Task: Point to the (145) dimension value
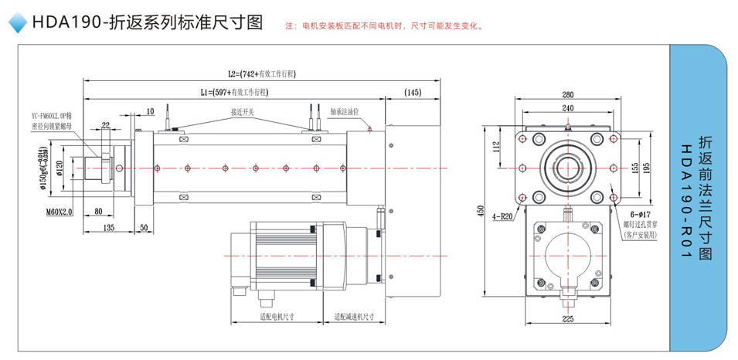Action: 412,93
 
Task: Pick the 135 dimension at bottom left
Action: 109,229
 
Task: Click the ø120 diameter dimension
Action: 60,167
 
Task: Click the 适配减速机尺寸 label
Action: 355,317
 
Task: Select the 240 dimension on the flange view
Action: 568,107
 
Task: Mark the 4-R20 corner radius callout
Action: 504,217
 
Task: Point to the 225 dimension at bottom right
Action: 568,318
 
